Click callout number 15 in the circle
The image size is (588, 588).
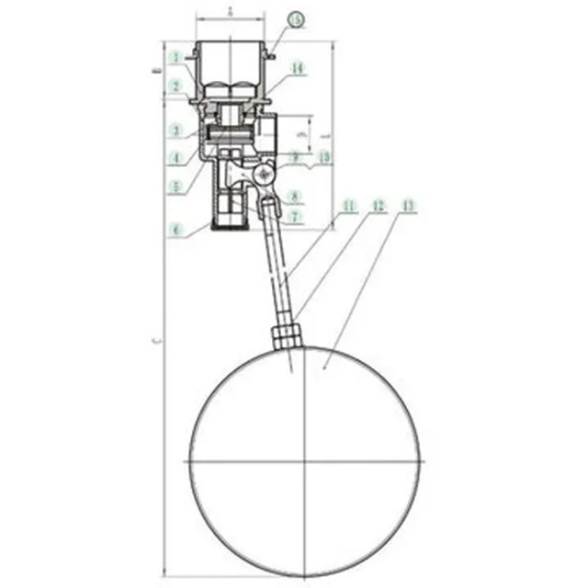point(293,19)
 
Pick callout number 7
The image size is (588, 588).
point(294,218)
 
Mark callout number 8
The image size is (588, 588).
point(294,196)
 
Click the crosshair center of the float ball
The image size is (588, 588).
point(304,459)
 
